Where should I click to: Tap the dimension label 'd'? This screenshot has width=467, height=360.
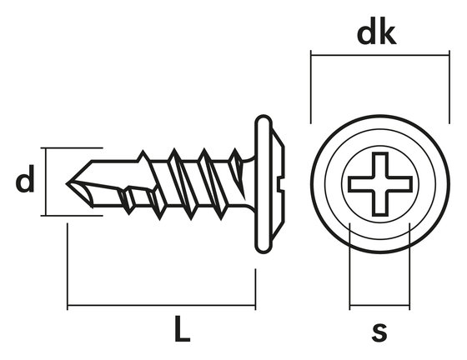(x=26, y=182)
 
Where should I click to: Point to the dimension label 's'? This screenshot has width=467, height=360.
(x=379, y=331)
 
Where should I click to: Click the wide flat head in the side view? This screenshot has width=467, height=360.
(x=264, y=183)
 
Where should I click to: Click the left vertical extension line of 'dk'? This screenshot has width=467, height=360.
(x=310, y=87)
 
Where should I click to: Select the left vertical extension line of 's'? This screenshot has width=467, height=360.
(x=349, y=267)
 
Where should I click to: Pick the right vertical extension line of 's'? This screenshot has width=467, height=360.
(x=409, y=267)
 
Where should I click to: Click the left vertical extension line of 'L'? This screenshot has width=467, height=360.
(x=67, y=267)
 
